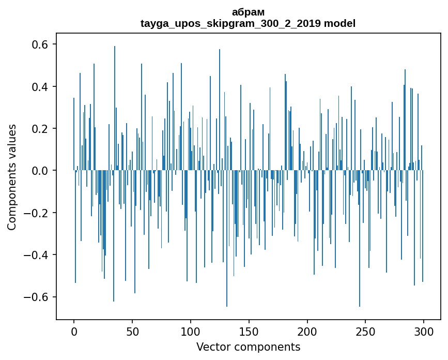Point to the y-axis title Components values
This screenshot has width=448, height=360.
coord(12,177)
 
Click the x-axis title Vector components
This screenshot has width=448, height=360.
coord(248,347)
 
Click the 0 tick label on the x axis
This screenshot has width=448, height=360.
coord(74,331)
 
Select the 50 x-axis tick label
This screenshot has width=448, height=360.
coord(132,331)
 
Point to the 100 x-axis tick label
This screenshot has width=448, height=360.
coord(191,331)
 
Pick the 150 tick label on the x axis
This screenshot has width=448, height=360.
coord(249,331)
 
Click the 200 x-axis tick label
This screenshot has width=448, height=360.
coord(307,331)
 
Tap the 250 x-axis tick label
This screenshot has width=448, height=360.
coord(366,331)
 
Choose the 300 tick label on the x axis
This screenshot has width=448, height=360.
coord(424,331)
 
